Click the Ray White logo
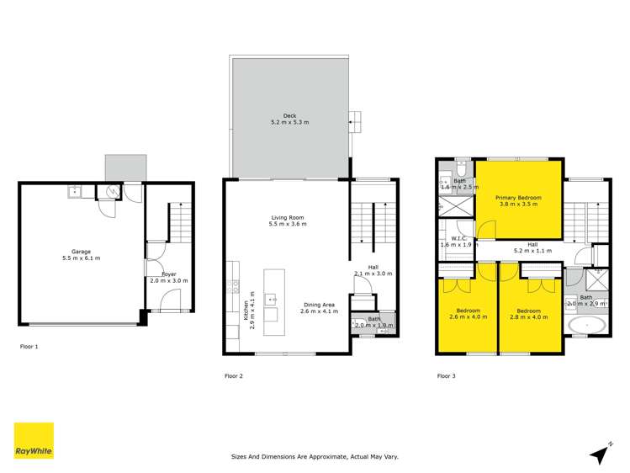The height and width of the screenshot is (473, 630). (34, 441)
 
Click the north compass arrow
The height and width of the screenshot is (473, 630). (600, 454)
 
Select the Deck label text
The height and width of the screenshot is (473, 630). (289, 119)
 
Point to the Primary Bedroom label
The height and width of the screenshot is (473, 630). (519, 200)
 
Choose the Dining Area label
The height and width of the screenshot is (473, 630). (319, 308)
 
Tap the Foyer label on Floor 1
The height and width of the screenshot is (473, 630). (168, 277)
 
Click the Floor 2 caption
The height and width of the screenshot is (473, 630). (234, 375)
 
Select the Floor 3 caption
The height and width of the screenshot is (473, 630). (446, 375)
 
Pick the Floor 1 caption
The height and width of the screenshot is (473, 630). (29, 346)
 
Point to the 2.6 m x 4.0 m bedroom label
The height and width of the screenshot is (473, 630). (468, 313)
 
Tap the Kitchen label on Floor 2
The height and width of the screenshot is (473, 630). (247, 314)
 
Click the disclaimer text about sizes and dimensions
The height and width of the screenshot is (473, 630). (315, 457)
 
